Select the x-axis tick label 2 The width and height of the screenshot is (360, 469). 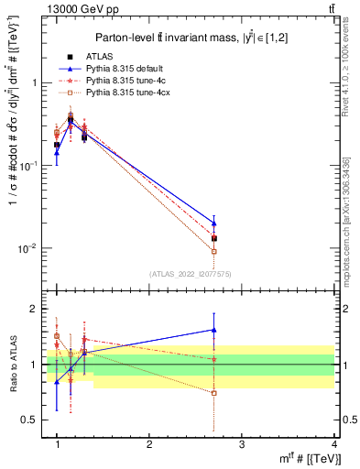coord(149,443)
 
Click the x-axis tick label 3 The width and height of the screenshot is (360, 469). coord(241,443)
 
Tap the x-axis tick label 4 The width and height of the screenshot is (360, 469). coord(333,443)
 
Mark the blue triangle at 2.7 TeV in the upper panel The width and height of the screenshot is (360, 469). coord(214,223)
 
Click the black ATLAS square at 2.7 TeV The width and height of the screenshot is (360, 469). coord(214,238)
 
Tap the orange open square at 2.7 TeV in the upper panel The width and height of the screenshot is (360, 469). coord(214,251)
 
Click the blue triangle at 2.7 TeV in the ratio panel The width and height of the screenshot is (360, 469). coord(214,330)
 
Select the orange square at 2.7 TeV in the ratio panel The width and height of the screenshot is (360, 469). coord(214,393)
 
